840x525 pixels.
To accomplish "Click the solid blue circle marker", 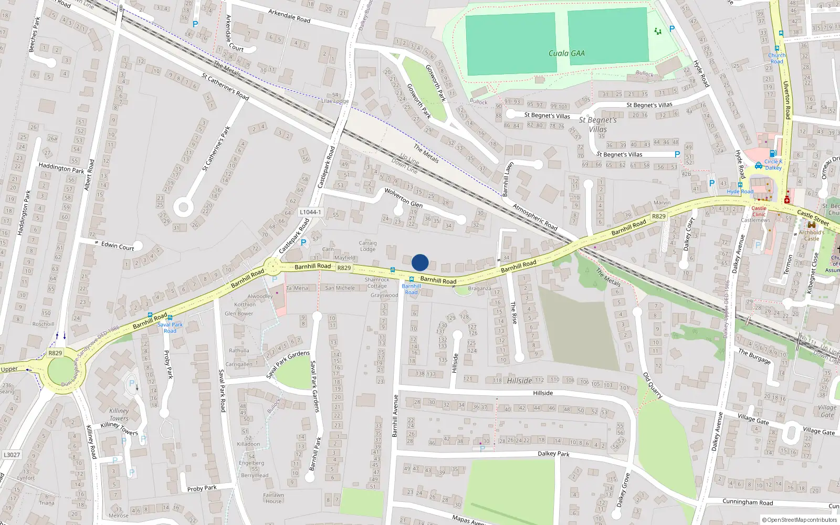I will click(420, 262).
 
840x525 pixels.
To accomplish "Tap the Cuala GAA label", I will click(566, 53).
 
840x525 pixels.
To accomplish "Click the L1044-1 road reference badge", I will click(310, 212).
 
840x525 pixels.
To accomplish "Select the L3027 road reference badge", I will click(12, 455).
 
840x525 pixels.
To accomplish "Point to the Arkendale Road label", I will click(289, 16).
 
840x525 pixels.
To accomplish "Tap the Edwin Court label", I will click(118, 246).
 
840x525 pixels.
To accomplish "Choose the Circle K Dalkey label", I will click(773, 165).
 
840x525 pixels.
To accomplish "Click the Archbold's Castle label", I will click(811, 235).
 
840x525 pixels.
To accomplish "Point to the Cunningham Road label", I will click(748, 502).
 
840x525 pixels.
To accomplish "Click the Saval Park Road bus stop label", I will click(170, 328).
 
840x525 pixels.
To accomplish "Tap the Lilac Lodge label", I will click(334, 101).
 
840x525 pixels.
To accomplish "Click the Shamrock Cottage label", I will click(377, 283).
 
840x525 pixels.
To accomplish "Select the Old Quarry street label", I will click(653, 385).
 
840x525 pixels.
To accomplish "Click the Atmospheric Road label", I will click(534, 217).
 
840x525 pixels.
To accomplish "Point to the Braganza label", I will click(479, 288).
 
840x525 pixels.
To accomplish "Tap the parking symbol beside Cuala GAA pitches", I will click(671, 29).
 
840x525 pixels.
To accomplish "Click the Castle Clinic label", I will click(759, 211).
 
